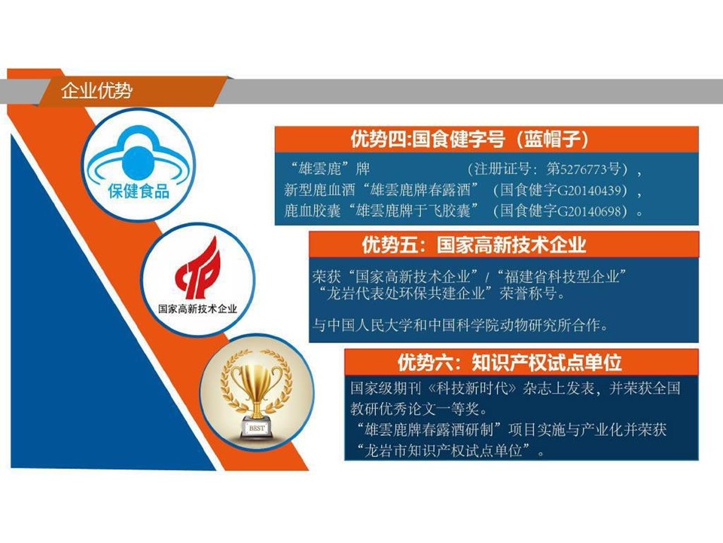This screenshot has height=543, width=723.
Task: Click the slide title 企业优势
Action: [96, 91]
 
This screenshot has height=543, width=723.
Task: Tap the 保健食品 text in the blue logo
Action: [136, 191]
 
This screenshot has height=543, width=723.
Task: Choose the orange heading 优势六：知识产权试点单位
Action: [509, 362]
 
